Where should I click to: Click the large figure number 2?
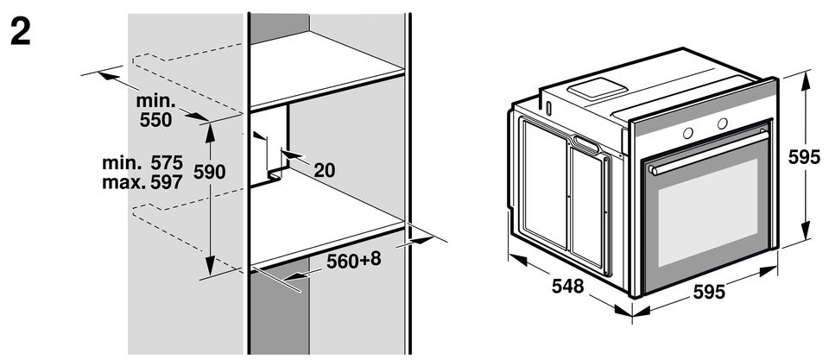pos(20,33)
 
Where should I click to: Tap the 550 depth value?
pos(156,121)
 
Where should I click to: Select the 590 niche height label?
pos(209,172)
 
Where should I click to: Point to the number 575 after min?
pos(167,163)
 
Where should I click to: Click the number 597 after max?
pos(167,182)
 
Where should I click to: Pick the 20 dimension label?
pos(325,170)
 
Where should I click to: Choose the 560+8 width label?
pos(354,260)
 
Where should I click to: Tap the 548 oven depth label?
pos(568,286)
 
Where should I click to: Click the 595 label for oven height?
pos(804,157)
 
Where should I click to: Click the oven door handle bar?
pos(708,154)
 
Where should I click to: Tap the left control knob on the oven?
pos(688,133)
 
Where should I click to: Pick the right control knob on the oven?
pos(722,123)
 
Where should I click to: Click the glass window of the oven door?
pos(707,213)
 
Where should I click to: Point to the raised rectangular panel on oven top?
pos(598,88)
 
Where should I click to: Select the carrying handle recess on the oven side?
pos(586,143)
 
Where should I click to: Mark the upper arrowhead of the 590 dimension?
pos(210,132)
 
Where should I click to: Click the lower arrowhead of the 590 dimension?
pos(210,264)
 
